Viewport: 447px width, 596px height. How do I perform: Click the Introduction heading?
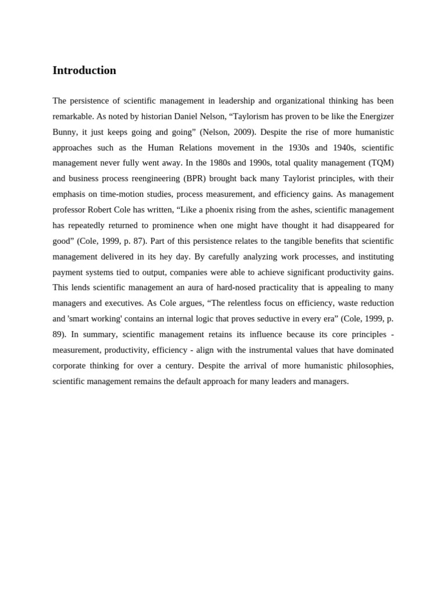[84, 70]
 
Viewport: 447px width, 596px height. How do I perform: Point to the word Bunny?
[64, 132]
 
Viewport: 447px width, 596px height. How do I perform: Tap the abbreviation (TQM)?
[379, 163]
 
